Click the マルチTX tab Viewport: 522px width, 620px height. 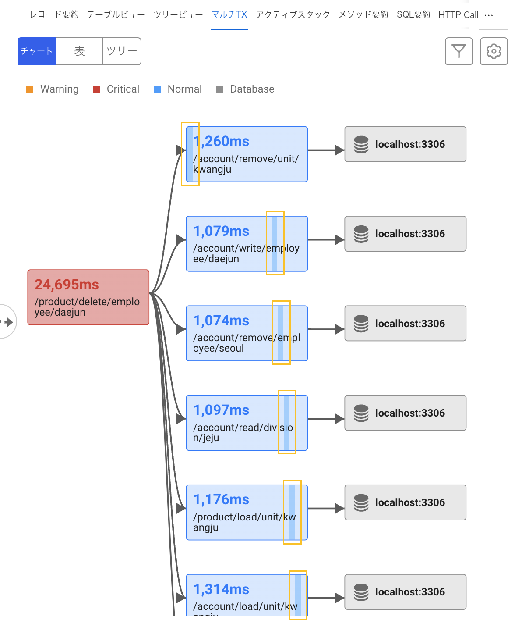229,14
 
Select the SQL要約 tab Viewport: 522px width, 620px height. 413,14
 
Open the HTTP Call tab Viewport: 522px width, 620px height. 458,14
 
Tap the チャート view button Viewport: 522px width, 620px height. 37,51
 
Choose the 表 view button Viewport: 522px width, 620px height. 79,51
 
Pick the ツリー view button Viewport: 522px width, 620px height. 122,51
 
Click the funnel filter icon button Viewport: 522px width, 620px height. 459,51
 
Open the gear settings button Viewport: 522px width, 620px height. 494,51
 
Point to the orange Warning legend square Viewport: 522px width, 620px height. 30,89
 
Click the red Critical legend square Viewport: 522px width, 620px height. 96,89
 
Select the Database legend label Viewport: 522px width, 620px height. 252,89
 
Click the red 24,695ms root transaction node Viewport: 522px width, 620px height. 88,297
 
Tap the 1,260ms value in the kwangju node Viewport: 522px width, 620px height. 221,141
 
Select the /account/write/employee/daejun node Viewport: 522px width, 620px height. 247,243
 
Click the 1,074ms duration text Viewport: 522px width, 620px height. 221,321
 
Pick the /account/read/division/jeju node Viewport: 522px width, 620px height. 247,423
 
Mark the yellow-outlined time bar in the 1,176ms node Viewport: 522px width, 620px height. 292,512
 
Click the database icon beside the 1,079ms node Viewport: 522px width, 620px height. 361,234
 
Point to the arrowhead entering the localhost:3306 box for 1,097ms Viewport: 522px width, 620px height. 339,419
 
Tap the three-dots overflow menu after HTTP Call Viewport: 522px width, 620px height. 488,15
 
